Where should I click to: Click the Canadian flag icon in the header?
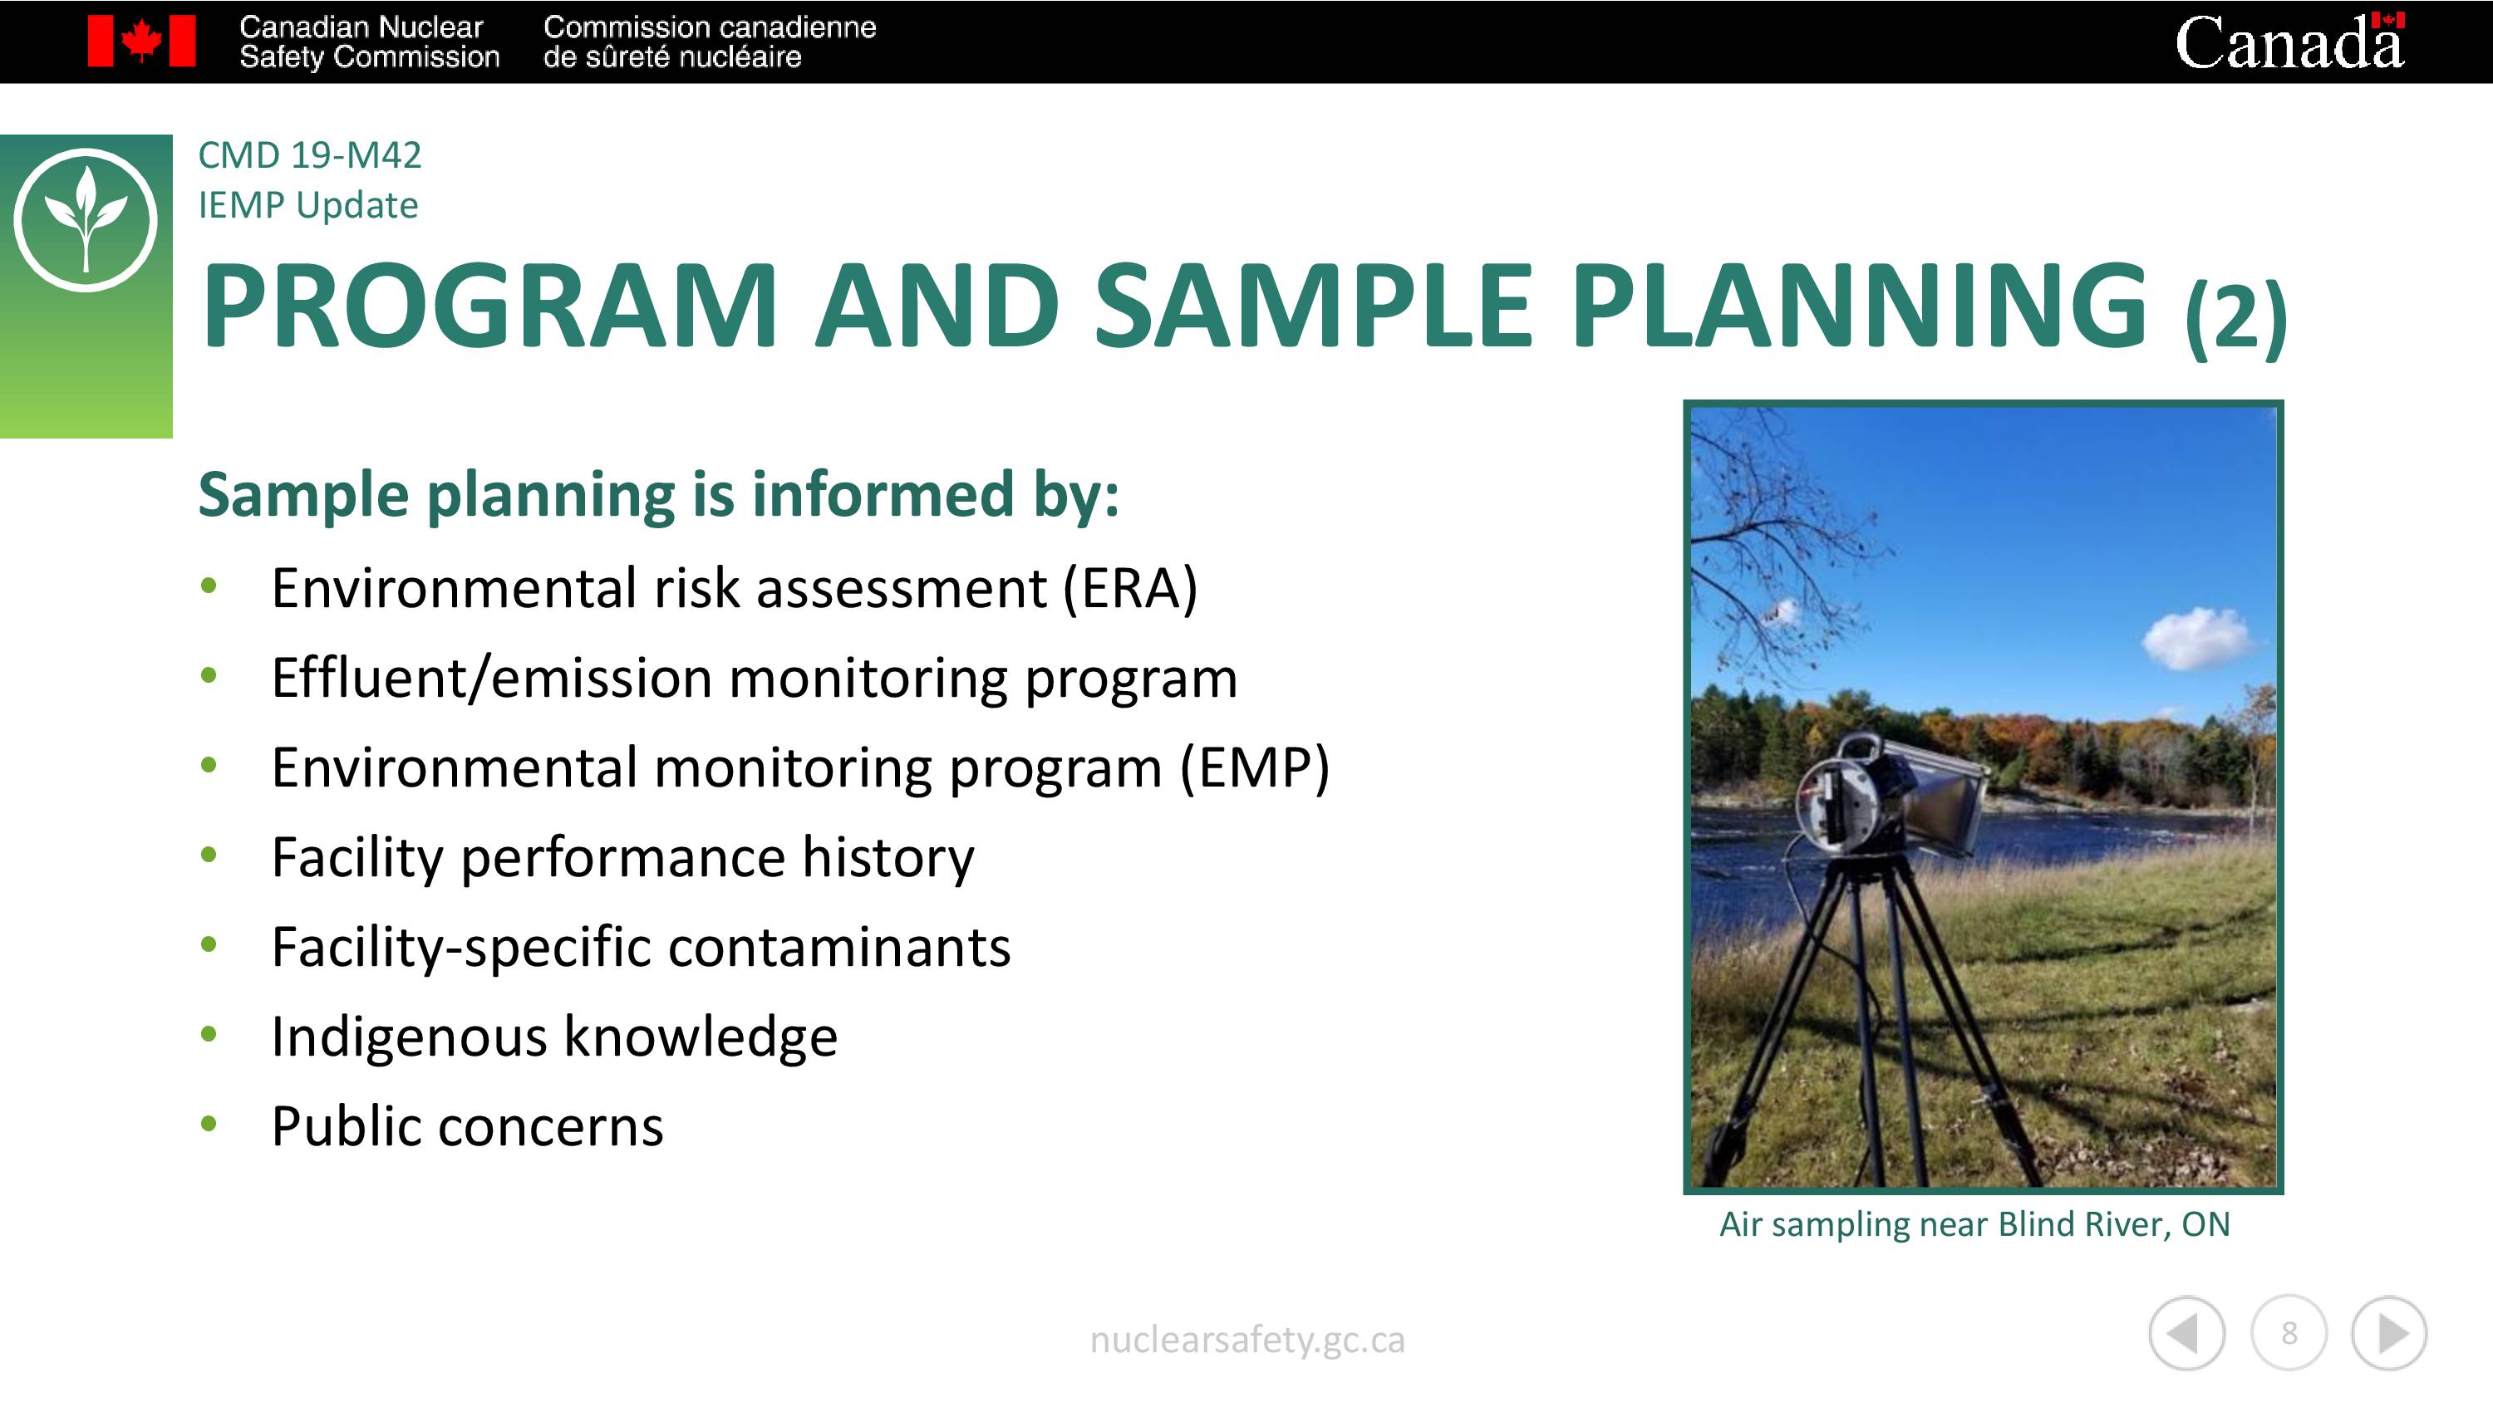(x=141, y=41)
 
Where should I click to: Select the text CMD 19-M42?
(x=310, y=154)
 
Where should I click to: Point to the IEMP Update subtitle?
(x=307, y=205)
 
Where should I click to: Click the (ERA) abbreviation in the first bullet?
(x=1130, y=587)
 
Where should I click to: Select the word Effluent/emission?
(x=493, y=676)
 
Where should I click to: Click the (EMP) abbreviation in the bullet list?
(x=1254, y=767)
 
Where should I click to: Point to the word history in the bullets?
(x=888, y=857)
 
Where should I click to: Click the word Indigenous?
(x=411, y=1037)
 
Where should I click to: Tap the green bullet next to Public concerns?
(x=208, y=1123)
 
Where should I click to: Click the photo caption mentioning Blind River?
(x=1974, y=1225)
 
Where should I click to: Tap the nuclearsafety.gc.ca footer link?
(x=1246, y=1340)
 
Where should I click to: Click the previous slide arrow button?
(x=2186, y=1333)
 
